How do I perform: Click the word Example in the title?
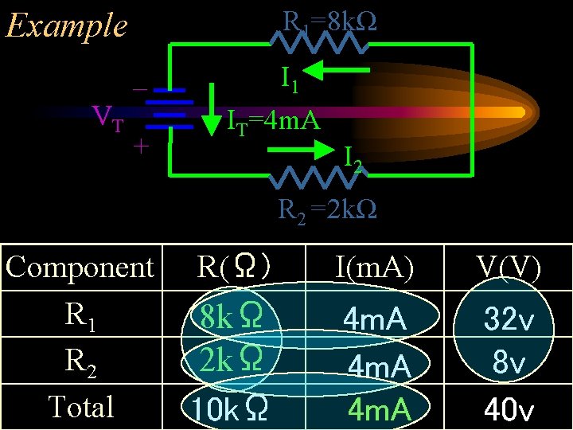pyautogui.click(x=66, y=25)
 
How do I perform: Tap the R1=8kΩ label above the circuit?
pyautogui.click(x=329, y=22)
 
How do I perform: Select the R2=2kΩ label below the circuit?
pyautogui.click(x=327, y=210)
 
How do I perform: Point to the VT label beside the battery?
pyautogui.click(x=108, y=119)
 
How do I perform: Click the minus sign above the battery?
pyautogui.click(x=138, y=89)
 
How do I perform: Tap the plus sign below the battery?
pyautogui.click(x=141, y=147)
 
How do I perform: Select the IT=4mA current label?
pyautogui.click(x=273, y=121)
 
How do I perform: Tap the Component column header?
pyautogui.click(x=80, y=267)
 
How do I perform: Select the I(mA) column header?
pyautogui.click(x=374, y=268)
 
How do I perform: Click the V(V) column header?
pyautogui.click(x=509, y=268)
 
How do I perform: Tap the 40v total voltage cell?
pyautogui.click(x=509, y=410)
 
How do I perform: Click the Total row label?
pyautogui.click(x=81, y=406)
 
